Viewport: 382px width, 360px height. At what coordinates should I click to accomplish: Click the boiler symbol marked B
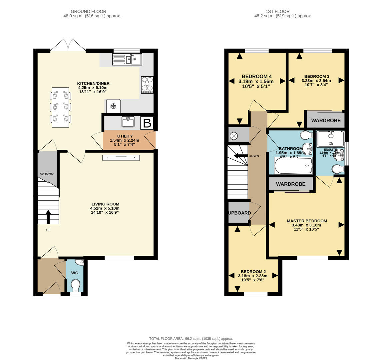(x=147, y=123)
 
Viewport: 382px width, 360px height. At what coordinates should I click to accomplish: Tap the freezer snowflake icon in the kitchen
(x=113, y=106)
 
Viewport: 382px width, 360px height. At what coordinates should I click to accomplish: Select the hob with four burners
(x=147, y=85)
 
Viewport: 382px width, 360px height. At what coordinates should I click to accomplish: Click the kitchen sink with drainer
(x=127, y=59)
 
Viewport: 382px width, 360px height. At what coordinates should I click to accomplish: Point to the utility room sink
(x=128, y=122)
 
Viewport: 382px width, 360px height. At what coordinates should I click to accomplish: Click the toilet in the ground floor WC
(x=76, y=285)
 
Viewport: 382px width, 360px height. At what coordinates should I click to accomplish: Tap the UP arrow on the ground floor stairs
(x=48, y=217)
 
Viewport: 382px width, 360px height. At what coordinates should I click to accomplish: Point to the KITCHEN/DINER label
(x=93, y=83)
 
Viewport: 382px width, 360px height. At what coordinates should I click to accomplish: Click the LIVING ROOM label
(x=105, y=204)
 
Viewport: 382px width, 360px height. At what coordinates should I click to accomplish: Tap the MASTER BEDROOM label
(x=307, y=221)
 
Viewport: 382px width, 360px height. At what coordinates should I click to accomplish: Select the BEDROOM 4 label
(x=256, y=76)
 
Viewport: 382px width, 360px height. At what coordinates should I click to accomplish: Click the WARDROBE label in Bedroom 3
(x=326, y=120)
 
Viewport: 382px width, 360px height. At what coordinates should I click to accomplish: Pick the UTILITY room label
(x=125, y=136)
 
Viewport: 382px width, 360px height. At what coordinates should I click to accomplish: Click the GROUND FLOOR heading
(x=89, y=11)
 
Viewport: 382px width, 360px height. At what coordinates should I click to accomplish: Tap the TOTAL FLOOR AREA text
(x=191, y=338)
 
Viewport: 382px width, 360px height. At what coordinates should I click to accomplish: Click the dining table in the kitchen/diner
(x=60, y=107)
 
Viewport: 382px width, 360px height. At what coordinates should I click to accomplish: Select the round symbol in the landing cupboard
(x=234, y=136)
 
